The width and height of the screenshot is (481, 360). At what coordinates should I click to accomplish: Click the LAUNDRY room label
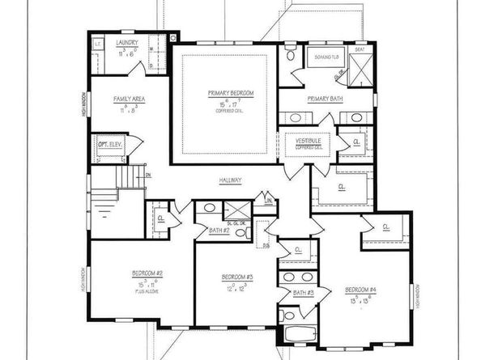(126, 42)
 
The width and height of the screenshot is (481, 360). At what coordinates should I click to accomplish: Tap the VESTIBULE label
(309, 141)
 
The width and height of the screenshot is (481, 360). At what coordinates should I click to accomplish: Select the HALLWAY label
(231, 180)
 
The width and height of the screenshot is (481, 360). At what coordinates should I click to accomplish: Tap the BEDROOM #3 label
(238, 277)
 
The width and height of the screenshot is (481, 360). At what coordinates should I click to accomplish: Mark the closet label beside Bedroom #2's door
(162, 217)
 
